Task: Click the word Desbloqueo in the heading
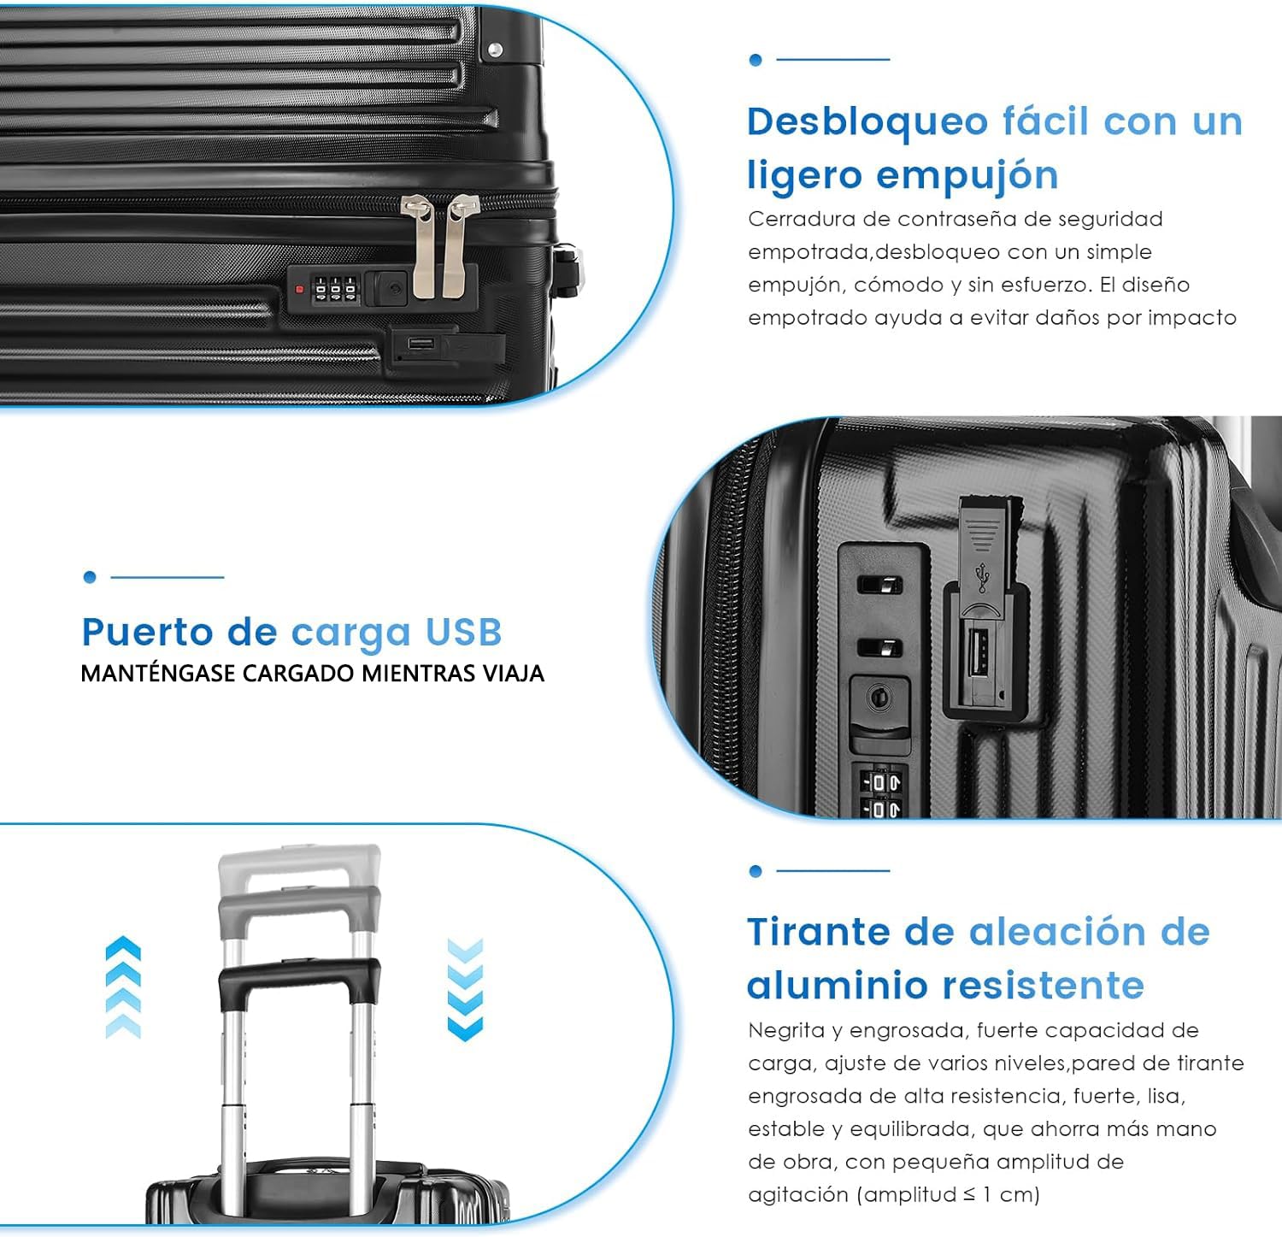[867, 121]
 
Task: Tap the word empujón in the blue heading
[967, 176]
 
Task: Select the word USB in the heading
[463, 633]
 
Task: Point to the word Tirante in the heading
[818, 932]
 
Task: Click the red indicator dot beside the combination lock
[299, 290]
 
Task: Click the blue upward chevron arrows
[123, 987]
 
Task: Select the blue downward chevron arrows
[465, 989]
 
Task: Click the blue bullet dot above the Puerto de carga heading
[90, 577]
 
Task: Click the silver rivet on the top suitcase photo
[494, 50]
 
